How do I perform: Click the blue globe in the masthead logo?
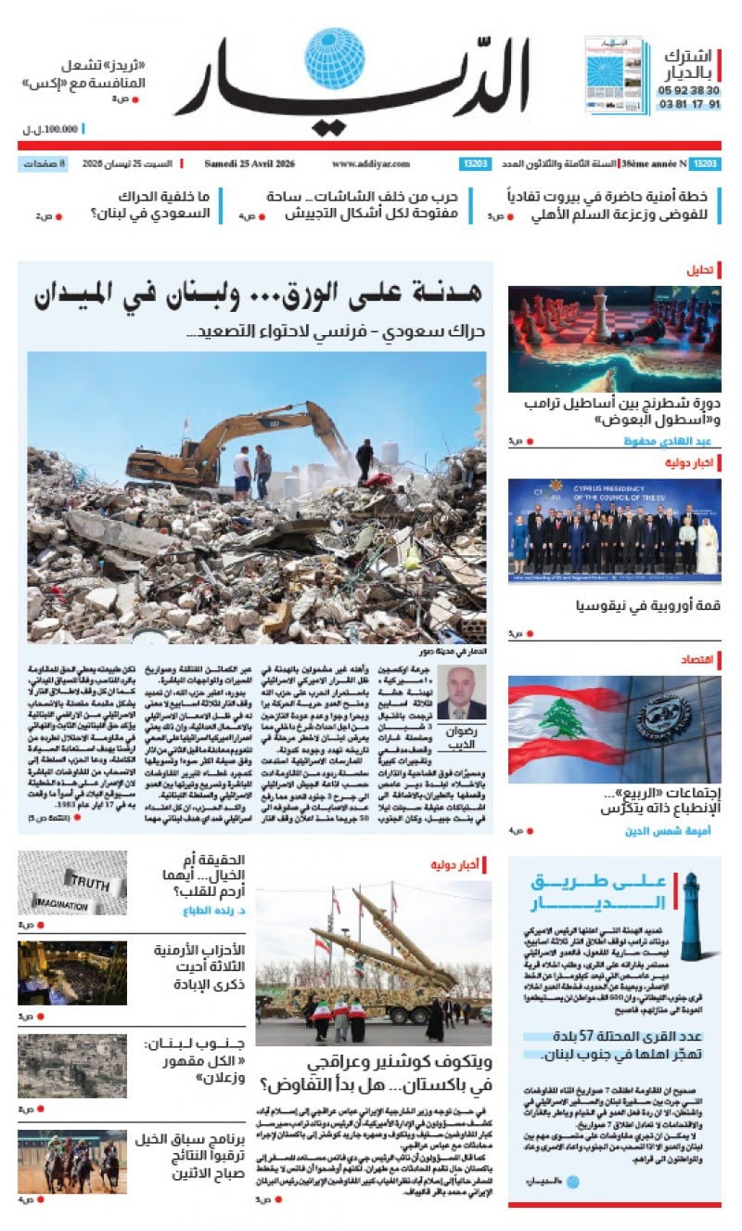[x=335, y=58]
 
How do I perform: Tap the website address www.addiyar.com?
[x=370, y=164]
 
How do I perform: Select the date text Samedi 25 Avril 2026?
[x=249, y=164]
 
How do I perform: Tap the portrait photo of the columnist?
[x=461, y=693]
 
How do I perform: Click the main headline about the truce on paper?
[x=258, y=294]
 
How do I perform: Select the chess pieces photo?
[x=614, y=338]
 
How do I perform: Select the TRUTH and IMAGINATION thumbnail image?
[x=72, y=882]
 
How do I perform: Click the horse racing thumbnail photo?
[x=72, y=1160]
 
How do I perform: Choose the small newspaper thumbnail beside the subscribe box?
[x=614, y=73]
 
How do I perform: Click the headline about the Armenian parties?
[x=191, y=969]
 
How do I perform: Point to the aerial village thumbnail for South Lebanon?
[x=72, y=1066]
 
